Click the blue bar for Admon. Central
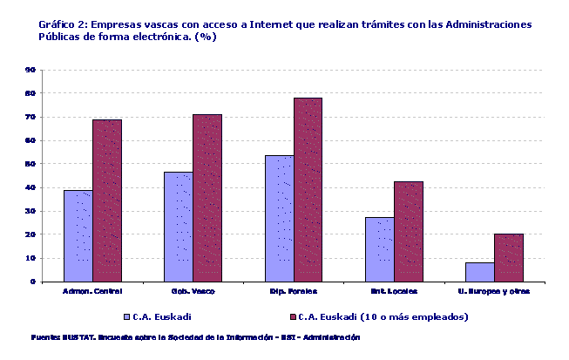point(78,235)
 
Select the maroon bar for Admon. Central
point(107,200)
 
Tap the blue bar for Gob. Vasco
point(178,227)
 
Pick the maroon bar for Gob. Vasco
point(207,198)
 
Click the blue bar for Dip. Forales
point(279,218)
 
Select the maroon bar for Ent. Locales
point(408,231)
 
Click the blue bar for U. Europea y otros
point(480,272)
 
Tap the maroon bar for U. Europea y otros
point(509,257)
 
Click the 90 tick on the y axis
point(30,70)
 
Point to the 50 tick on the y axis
point(30,164)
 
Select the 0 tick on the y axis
point(33,282)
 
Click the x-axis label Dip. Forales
point(293,291)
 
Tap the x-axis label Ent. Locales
point(394,291)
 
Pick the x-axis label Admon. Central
point(92,291)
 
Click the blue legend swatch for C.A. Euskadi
point(126,316)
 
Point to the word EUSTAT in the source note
point(73,336)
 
